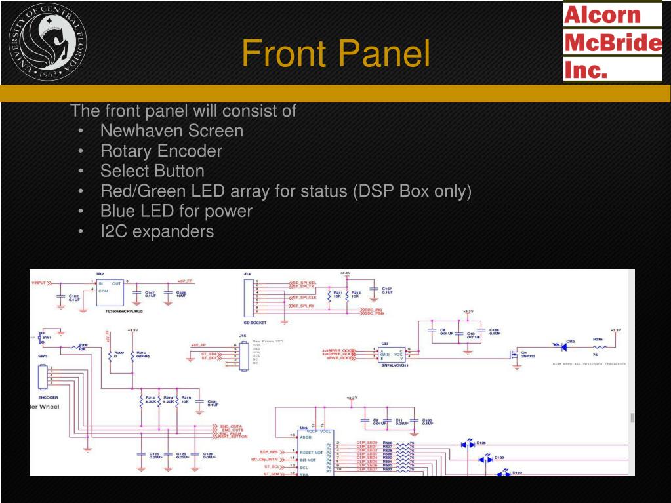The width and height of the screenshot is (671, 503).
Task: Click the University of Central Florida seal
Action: [x=48, y=42]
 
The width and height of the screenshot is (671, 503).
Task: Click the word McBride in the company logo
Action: [x=613, y=43]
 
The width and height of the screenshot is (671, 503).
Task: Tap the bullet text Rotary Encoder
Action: [x=161, y=151]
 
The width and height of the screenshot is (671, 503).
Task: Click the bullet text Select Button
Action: [x=152, y=171]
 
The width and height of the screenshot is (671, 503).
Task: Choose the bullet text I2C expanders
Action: [x=157, y=231]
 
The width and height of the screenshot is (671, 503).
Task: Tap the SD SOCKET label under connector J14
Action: [x=255, y=323]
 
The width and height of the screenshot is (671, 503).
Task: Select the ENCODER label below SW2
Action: [x=48, y=397]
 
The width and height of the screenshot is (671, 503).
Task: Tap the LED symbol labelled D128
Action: [x=469, y=444]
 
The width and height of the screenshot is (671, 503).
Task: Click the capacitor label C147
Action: [x=150, y=292]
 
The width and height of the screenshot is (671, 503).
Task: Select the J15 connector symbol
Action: [x=244, y=355]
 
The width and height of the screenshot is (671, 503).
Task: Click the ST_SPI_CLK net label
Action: [x=304, y=297]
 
